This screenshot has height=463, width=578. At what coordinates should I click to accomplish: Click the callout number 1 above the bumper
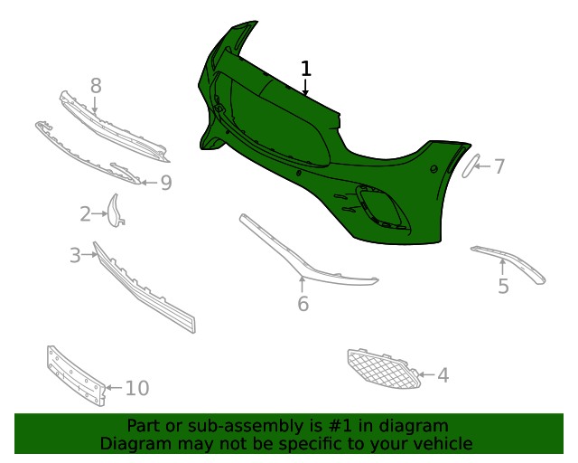click(306, 69)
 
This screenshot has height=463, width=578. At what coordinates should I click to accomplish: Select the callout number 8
click(95, 86)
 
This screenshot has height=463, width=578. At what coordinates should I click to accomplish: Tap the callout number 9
click(165, 183)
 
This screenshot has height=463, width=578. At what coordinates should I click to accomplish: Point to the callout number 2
click(85, 214)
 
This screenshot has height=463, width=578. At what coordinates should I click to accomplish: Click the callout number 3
click(75, 256)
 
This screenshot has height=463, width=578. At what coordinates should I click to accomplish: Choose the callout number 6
click(303, 304)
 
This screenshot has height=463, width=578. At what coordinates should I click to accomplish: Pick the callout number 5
click(503, 286)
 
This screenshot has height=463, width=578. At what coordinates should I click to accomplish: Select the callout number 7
click(499, 166)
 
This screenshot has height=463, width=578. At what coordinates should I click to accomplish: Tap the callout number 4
click(443, 374)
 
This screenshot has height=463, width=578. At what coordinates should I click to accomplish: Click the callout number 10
click(136, 389)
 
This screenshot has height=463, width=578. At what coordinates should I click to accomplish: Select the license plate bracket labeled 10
click(76, 374)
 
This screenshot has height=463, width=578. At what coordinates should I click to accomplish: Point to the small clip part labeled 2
click(116, 210)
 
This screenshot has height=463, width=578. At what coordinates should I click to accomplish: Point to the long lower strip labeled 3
click(144, 289)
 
